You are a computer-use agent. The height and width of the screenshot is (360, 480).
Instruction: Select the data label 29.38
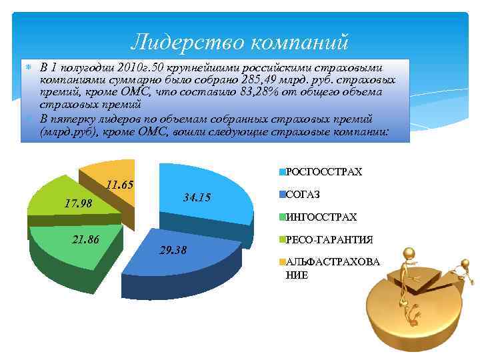coord(174,250)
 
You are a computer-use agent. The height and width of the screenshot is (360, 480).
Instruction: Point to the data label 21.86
coord(85,239)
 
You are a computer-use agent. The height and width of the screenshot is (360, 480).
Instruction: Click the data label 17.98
coord(78,203)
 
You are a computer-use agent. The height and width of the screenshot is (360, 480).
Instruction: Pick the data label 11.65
coord(121,185)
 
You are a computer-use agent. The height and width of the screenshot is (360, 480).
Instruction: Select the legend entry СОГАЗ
coord(303,195)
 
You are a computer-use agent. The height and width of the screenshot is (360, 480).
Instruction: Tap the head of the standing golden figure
coord(408,255)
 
